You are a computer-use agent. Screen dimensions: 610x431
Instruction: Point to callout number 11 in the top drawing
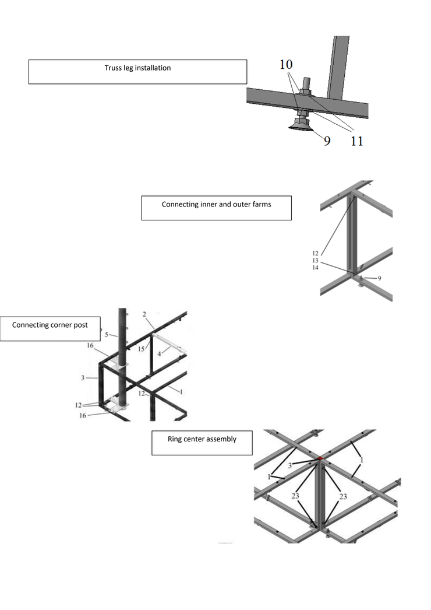[356, 141]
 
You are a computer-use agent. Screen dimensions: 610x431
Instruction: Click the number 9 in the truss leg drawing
[327, 141]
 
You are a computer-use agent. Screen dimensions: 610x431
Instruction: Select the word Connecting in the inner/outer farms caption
[181, 204]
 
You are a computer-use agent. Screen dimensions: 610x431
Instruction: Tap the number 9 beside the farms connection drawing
[379, 278]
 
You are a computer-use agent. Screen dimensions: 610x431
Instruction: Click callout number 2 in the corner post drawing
[144, 314]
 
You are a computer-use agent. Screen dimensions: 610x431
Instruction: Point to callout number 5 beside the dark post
[107, 335]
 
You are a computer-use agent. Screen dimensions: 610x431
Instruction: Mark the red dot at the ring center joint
[320, 458]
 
